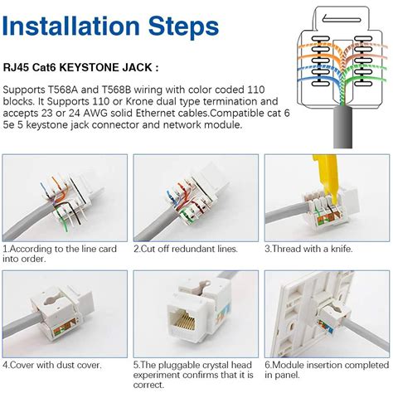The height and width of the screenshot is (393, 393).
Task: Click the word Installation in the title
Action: [71, 27]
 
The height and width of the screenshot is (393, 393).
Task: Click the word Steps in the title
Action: [184, 27]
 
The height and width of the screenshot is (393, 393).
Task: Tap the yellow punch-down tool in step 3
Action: [328, 176]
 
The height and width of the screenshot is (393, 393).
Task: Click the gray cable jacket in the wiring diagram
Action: [342, 127]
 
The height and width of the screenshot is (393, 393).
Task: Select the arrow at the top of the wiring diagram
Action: [341, 19]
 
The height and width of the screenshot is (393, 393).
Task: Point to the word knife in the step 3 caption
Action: [342, 249]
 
